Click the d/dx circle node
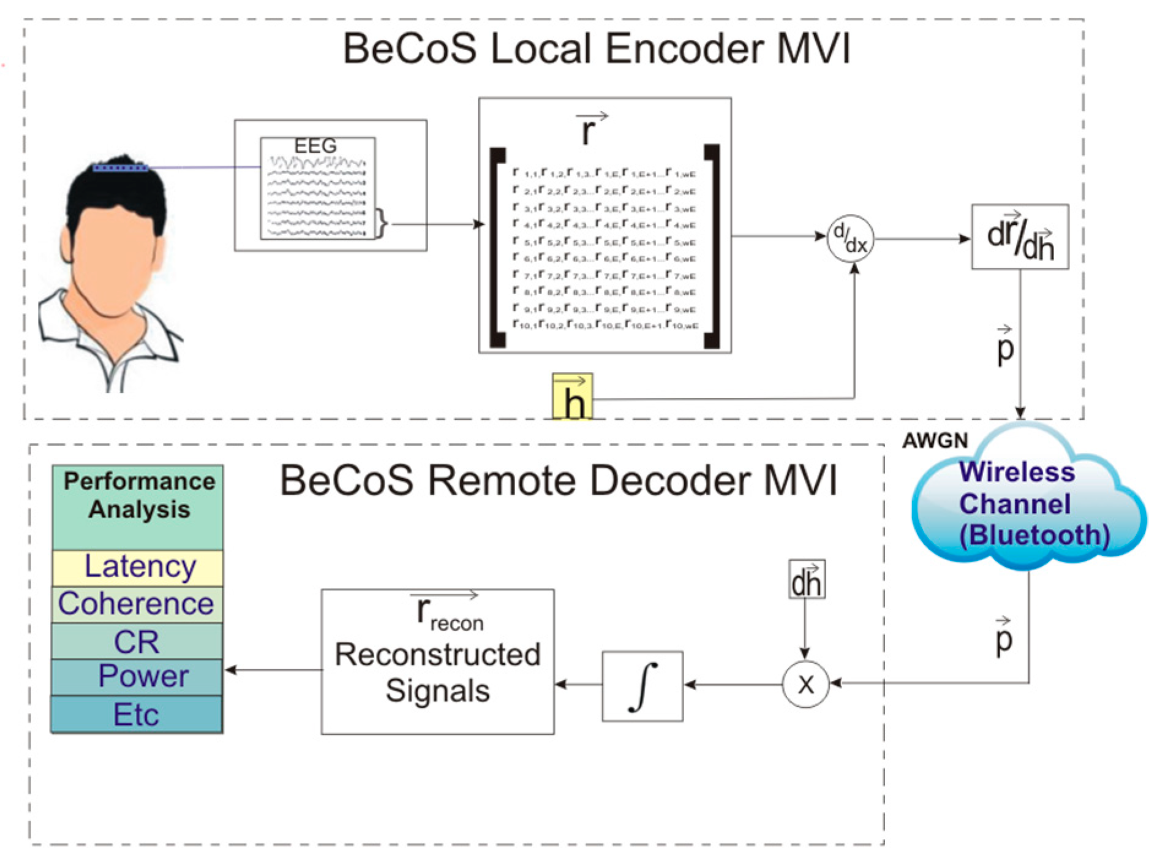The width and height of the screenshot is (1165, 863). (851, 239)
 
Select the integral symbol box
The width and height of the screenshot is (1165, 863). (643, 686)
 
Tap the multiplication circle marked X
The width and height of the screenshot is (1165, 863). (805, 684)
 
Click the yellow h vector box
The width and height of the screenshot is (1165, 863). (572, 397)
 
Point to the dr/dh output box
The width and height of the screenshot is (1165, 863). (1020, 237)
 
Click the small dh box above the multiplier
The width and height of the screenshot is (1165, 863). (806, 579)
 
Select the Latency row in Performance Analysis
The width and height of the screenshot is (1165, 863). (138, 567)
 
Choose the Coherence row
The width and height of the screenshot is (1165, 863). (137, 604)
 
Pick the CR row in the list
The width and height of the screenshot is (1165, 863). (137, 642)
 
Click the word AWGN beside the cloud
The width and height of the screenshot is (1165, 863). (935, 441)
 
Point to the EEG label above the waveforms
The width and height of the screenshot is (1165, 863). (315, 146)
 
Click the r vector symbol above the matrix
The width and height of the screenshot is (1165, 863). (589, 129)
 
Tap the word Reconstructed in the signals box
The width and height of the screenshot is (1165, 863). (437, 655)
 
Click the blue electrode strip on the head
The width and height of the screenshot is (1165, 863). (120, 167)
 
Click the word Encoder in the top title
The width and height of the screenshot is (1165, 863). (686, 49)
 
